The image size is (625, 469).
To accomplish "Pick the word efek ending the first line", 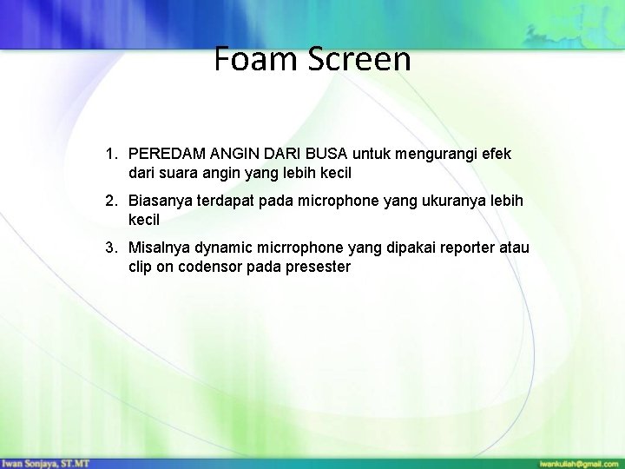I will tap(496, 154).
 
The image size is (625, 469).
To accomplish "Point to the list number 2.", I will tap(111, 201).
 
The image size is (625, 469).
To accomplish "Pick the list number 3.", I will tap(111, 248).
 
